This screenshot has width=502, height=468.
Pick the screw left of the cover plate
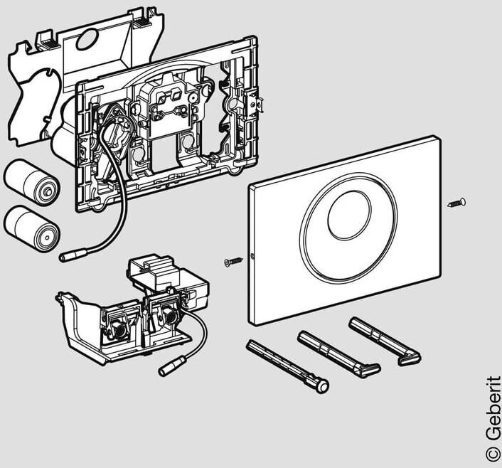point(233,262)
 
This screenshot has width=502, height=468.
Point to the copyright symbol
point(492,452)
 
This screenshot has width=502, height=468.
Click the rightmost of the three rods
point(385,341)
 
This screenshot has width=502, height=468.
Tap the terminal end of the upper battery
point(47,188)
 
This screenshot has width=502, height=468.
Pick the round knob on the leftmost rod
point(323,386)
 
